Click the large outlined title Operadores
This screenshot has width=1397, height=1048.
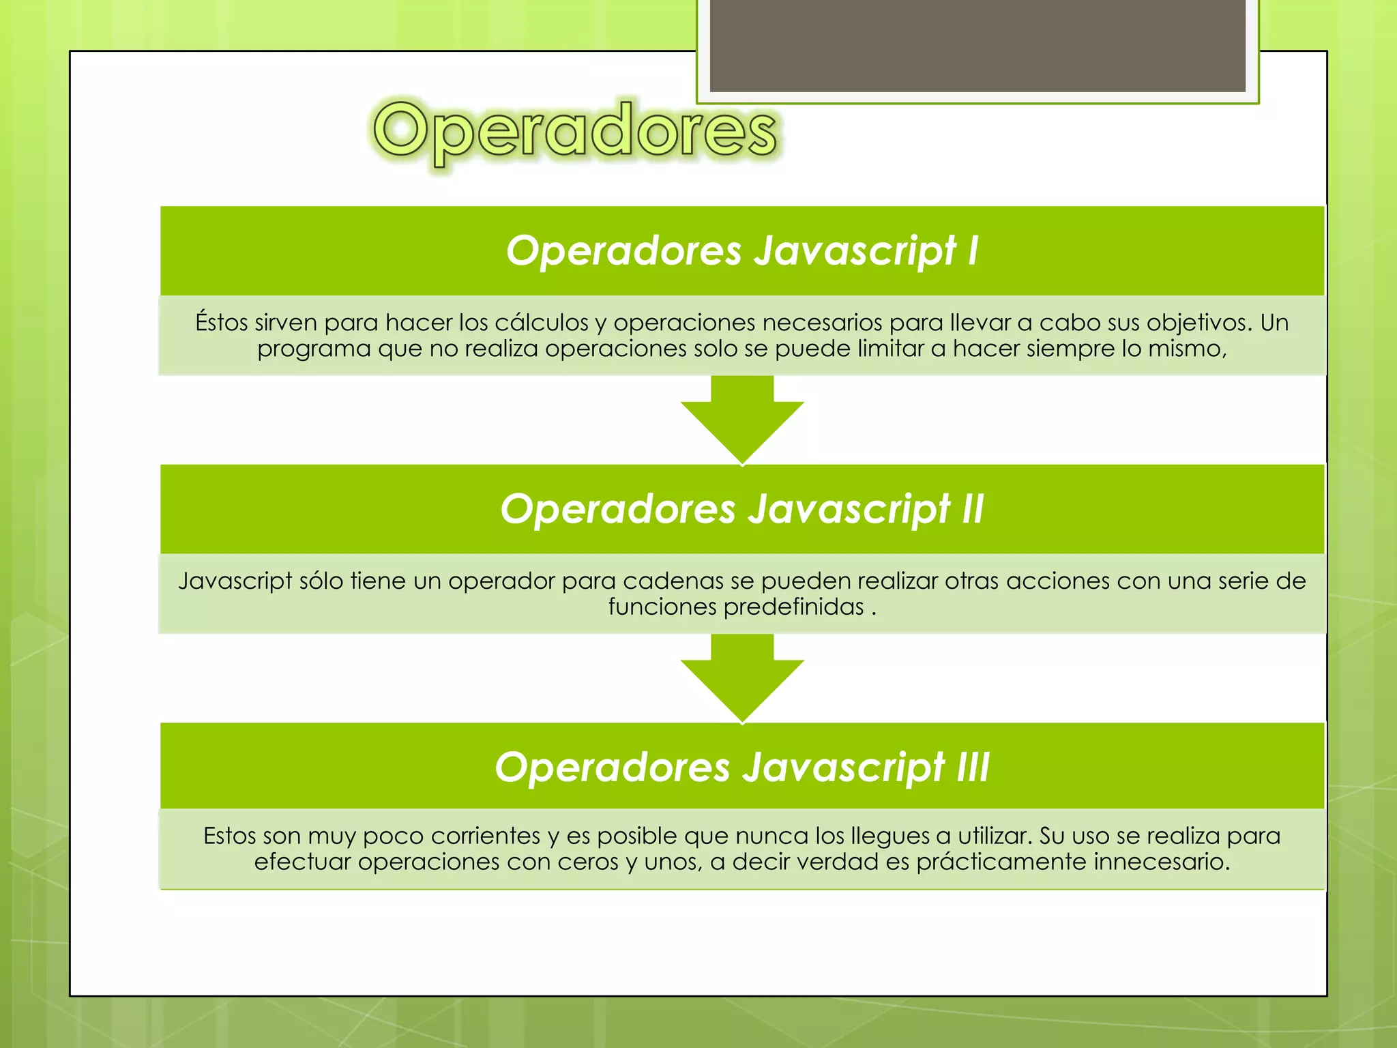574,131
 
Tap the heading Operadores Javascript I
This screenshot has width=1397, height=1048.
742,250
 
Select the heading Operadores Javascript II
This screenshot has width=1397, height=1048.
742,509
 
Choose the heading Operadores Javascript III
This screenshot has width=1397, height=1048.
742,767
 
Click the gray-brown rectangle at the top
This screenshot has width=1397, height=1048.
977,45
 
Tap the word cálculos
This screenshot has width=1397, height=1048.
542,322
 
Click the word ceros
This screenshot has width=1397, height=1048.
589,862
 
